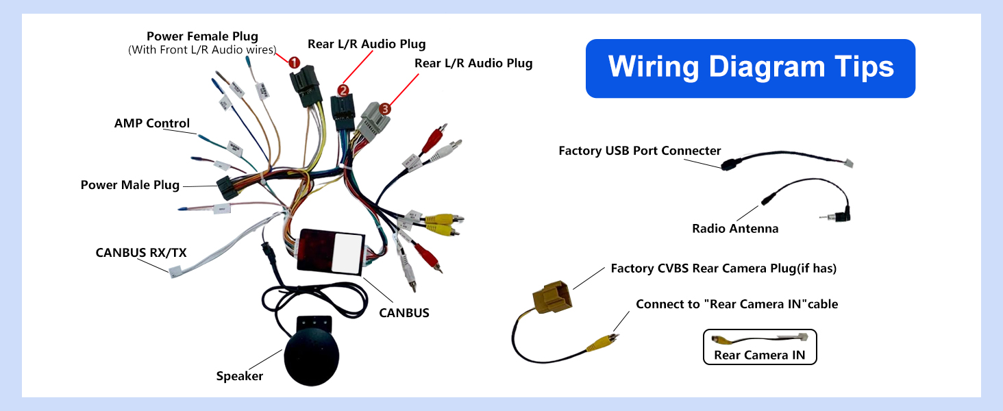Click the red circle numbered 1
[294, 62]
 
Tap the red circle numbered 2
[343, 89]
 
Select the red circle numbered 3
[385, 108]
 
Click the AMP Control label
[152, 124]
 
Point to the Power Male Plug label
[130, 185]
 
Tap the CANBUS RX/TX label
[141, 253]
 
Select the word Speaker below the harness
[240, 376]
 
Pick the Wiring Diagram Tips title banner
[750, 68]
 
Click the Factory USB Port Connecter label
[640, 151]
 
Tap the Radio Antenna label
[735, 229]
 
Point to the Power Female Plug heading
[202, 36]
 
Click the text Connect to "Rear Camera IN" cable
[736, 304]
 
